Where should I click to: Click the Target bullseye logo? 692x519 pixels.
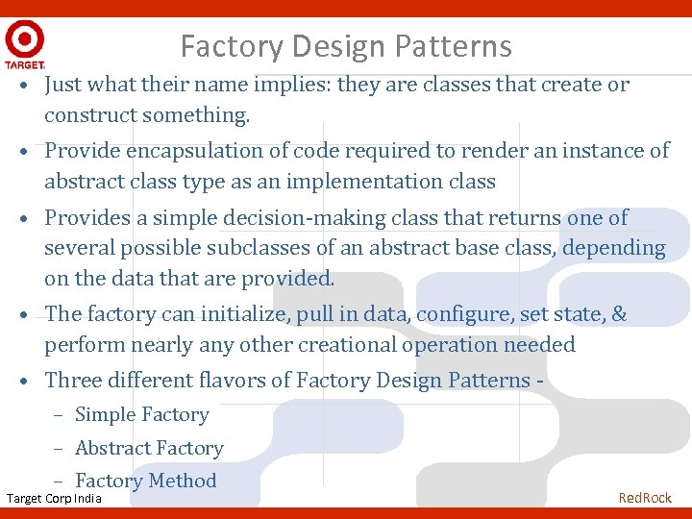tap(24, 40)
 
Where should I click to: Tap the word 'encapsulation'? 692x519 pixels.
tap(190, 151)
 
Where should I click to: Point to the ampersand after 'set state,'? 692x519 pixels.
tap(619, 314)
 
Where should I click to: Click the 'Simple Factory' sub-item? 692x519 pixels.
tap(141, 415)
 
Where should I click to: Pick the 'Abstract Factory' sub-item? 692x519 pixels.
tap(149, 449)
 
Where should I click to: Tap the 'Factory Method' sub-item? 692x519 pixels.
tap(145, 482)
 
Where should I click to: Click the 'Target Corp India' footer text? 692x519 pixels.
tap(54, 498)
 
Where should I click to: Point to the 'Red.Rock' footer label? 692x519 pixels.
tap(645, 498)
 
